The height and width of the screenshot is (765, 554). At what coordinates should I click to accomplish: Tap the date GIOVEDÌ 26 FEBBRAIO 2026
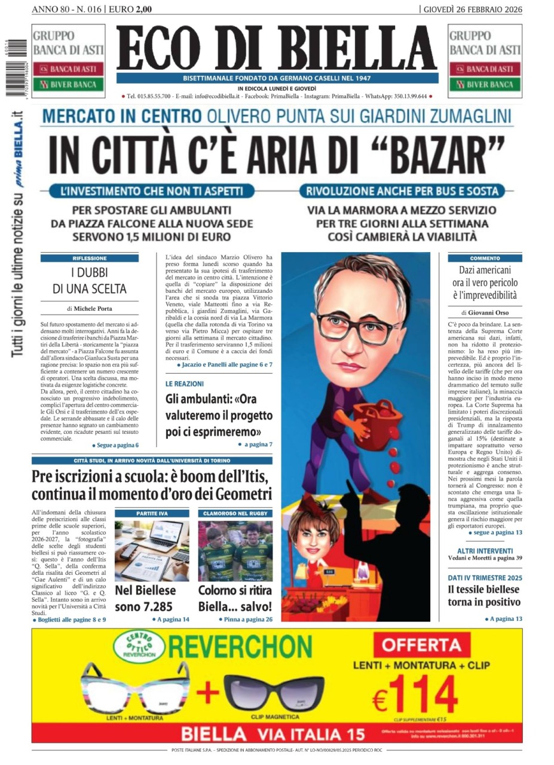[x=472, y=9]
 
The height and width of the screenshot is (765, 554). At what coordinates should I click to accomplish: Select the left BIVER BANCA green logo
[x=68, y=84]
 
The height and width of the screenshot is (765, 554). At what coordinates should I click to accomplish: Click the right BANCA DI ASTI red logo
[x=485, y=69]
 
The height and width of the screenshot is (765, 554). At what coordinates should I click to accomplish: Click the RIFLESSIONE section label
[x=90, y=258]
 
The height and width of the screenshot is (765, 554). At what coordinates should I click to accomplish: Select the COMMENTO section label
[x=485, y=258]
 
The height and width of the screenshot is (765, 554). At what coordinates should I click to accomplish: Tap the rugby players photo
[x=235, y=550]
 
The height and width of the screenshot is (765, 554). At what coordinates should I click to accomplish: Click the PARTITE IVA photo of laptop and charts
[x=152, y=550]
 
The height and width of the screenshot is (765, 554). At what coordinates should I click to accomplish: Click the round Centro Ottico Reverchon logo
[x=137, y=645]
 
